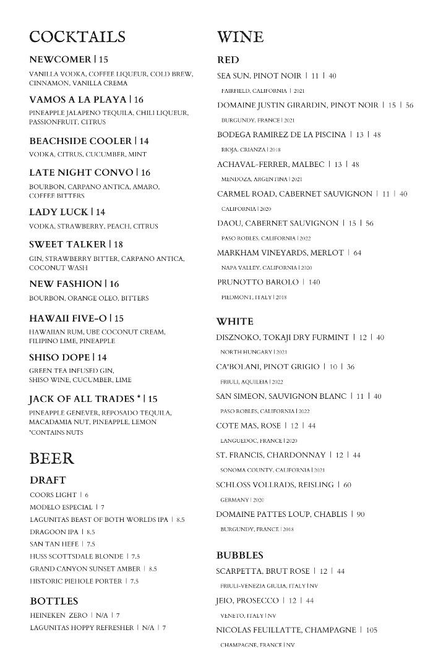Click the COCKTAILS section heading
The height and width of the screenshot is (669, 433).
77,37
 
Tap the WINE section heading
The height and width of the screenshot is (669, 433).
240,37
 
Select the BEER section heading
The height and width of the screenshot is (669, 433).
51,459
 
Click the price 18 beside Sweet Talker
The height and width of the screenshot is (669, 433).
118,244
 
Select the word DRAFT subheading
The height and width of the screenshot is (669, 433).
48,480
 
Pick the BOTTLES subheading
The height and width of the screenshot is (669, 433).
54,601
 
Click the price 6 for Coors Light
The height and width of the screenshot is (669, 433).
87,495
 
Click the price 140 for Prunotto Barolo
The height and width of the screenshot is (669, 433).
314,282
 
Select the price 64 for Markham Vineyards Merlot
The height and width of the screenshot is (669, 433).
358,253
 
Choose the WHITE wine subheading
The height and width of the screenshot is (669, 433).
234,322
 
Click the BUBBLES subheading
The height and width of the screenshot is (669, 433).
239,555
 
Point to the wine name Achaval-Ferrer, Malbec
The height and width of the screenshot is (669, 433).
270,164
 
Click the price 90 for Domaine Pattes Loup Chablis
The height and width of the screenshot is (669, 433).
361,514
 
